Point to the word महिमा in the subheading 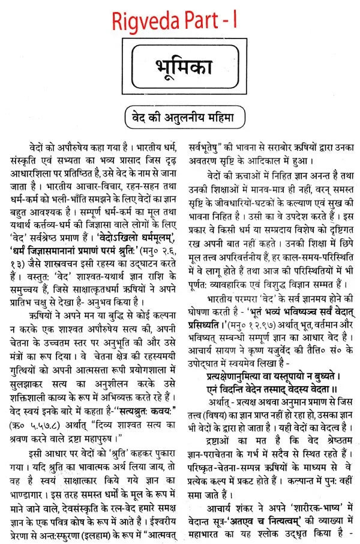coord(217,113)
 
